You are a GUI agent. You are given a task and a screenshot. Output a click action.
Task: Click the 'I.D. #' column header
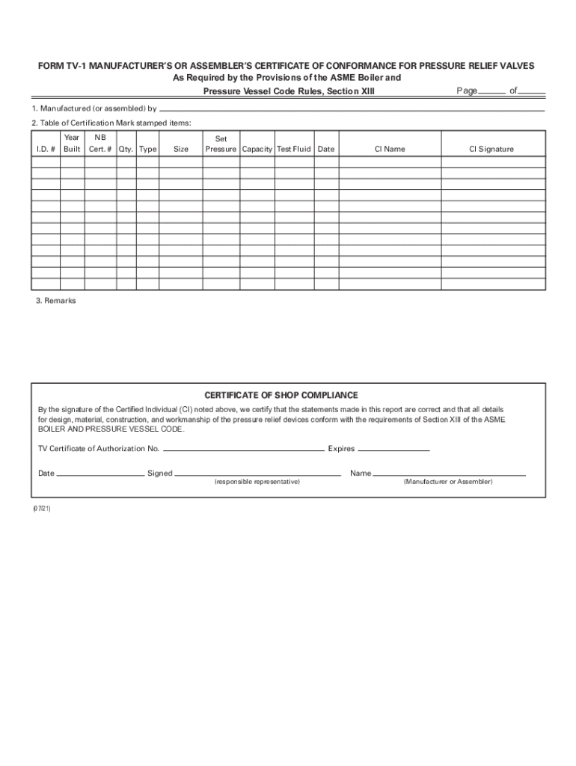pos(46,149)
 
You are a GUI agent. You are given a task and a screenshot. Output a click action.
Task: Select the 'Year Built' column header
pos(72,144)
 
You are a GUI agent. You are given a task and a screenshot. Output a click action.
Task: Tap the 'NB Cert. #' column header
pos(99,144)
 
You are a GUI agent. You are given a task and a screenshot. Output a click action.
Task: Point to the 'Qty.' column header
pos(126,149)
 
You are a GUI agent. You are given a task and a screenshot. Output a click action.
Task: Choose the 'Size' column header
pos(181,149)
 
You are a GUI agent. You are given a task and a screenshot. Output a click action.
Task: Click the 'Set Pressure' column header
pos(221,144)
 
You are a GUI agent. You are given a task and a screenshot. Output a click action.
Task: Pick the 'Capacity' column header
pos(257,149)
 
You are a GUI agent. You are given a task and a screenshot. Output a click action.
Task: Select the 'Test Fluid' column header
pos(294,149)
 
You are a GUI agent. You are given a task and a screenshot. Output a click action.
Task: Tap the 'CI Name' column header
pos(390,149)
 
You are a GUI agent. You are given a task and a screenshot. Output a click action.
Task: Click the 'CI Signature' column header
pos(491,149)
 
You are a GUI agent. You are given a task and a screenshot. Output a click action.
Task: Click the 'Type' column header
pos(148,149)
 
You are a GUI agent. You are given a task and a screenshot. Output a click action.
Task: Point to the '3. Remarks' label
pos(55,301)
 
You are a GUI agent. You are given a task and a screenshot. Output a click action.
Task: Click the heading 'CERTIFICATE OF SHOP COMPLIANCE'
pos(281,395)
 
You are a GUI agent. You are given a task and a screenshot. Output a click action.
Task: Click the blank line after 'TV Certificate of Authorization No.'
pos(243,450)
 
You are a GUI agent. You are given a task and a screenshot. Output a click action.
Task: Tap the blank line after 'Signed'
pos(257,474)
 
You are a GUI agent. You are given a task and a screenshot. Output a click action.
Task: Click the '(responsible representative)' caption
pos(257,482)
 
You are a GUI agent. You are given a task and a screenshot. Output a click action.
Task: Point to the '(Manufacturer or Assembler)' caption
pos(448,482)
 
